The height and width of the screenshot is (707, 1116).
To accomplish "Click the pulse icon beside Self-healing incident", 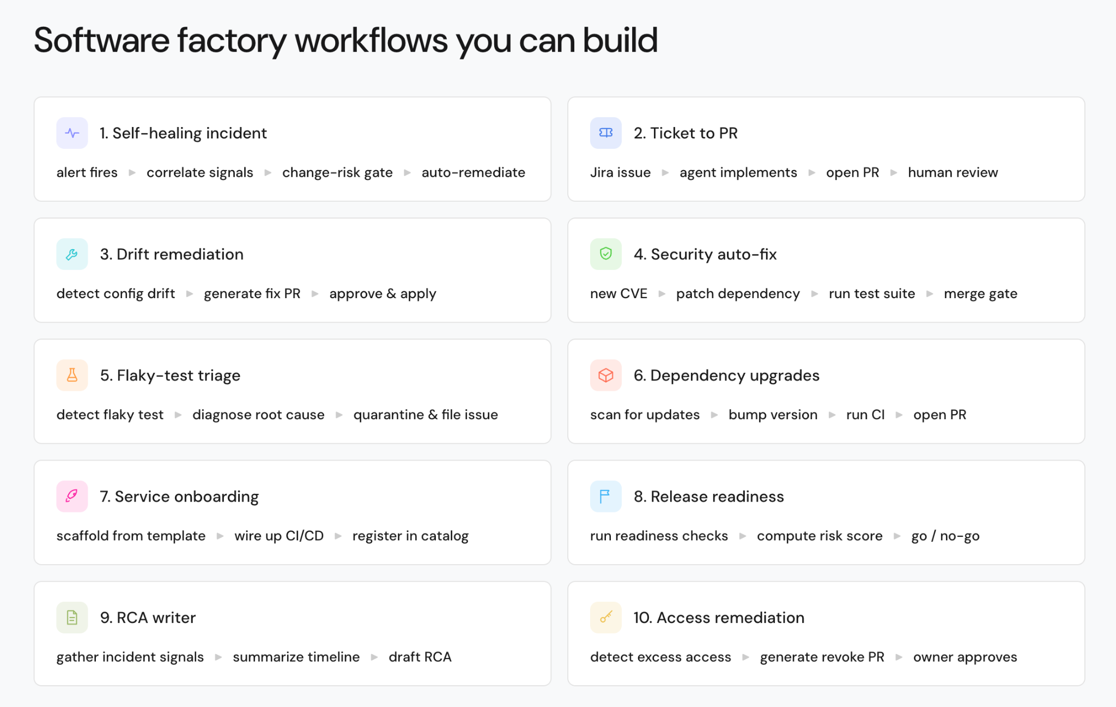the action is [72, 133].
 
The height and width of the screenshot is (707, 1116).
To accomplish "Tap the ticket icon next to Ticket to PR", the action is [605, 133].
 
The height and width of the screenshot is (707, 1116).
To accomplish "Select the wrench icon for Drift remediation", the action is [72, 254].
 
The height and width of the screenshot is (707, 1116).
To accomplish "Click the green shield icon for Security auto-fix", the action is [605, 254].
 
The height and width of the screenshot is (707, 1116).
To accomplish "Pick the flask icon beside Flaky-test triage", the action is [72, 375].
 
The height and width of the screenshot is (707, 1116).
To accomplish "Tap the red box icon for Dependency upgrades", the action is [605, 375].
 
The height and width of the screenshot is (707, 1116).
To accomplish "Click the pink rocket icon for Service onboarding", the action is [72, 496].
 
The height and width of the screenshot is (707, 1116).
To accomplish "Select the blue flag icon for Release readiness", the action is [605, 496].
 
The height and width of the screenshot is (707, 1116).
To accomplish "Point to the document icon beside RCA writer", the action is [72, 617].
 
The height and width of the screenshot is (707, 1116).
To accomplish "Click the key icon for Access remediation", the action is [605, 617].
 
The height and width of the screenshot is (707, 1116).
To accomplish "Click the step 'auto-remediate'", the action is [473, 173].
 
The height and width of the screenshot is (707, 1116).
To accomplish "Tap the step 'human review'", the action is [953, 173].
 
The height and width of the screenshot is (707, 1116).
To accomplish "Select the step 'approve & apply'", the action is [383, 294].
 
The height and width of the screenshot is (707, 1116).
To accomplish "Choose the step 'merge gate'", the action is [980, 294].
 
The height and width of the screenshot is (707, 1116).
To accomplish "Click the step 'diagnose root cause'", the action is [258, 415].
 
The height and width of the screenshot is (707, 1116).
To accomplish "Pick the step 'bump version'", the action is [773, 415].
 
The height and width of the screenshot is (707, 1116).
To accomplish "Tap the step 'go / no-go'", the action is [945, 536].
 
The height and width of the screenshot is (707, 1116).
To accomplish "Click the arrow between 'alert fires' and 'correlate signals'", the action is [132, 173].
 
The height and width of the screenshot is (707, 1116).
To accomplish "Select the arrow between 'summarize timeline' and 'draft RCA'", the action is [374, 657].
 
